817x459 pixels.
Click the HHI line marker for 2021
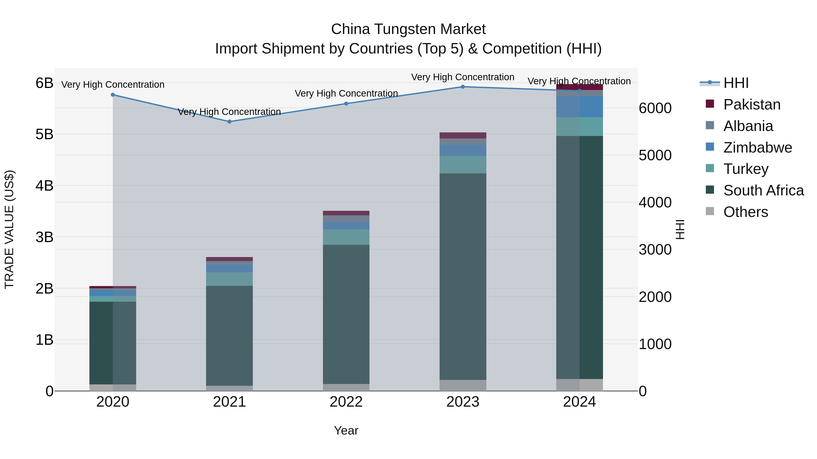point(229,122)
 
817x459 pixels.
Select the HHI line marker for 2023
point(463,87)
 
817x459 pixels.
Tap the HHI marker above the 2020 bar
point(113,95)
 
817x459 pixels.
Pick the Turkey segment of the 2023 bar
point(463,165)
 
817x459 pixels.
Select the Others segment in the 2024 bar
point(579,385)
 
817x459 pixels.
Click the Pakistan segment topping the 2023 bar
point(463,136)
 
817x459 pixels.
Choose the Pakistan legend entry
point(752,104)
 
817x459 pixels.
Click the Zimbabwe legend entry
point(757,148)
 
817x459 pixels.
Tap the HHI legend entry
point(736,83)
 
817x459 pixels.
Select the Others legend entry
point(745,212)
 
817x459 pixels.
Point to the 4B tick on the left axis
point(44,186)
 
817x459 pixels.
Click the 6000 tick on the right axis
point(655,108)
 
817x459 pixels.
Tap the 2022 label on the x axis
point(346,402)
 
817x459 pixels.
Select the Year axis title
point(346,430)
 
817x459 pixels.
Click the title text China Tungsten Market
point(408,29)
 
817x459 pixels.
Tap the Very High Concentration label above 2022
point(346,93)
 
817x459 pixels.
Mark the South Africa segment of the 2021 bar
point(229,336)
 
